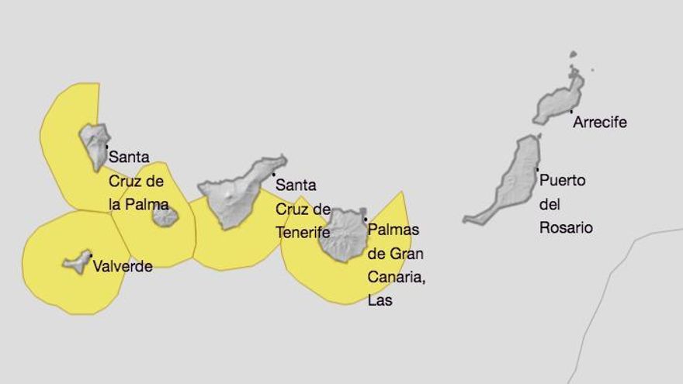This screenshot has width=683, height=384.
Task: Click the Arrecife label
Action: [x=599, y=123]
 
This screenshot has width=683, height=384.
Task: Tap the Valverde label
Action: [x=123, y=266]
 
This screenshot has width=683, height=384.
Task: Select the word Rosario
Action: [x=566, y=227]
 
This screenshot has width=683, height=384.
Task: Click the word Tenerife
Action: [x=303, y=232]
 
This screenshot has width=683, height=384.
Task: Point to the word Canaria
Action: [x=397, y=276]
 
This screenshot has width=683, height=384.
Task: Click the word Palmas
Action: [x=394, y=230]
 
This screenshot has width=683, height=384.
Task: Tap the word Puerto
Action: [x=563, y=181]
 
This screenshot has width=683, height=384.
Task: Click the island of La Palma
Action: [x=95, y=144]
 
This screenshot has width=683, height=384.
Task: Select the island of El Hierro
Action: [x=77, y=261]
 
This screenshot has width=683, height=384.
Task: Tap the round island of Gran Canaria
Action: [x=342, y=234]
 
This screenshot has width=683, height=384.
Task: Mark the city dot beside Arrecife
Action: [x=572, y=112]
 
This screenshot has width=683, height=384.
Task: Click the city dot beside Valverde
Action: [x=91, y=254]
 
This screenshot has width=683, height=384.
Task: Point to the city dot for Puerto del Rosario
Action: [x=537, y=169]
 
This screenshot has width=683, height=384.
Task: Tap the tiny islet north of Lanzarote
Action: [x=573, y=54]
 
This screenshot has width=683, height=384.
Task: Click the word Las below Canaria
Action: [x=380, y=300]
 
